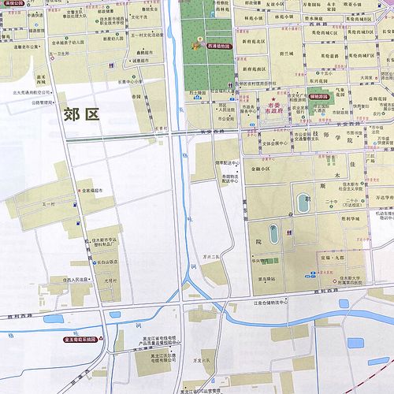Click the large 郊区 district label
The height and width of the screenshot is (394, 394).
[x=80, y=115]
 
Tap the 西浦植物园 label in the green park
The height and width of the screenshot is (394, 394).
[x=214, y=46]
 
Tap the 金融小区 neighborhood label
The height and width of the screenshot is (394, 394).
[x=262, y=167]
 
